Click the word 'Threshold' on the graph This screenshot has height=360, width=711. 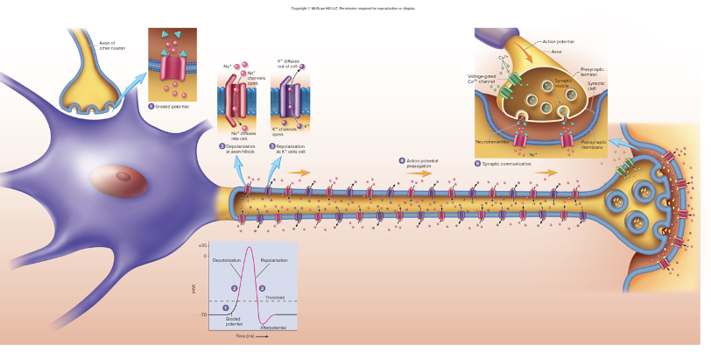point(273,297)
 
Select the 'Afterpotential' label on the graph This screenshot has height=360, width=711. point(273,327)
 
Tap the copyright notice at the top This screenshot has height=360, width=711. point(355,8)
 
